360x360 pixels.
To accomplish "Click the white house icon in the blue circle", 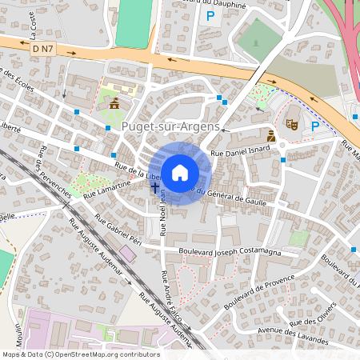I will pyautogui.click(x=180, y=172).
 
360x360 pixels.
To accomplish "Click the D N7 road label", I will pyautogui.click(x=45, y=50).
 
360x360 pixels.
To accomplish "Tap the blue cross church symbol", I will pyautogui.click(x=154, y=186).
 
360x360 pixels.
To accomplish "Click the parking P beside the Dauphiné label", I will pyautogui.click(x=210, y=15).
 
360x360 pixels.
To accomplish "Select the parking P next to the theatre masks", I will pyautogui.click(x=315, y=125).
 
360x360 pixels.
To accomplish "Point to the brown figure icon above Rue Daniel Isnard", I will pyautogui.click(x=271, y=137).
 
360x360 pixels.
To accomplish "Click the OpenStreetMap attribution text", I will pyautogui.click(x=80, y=354).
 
